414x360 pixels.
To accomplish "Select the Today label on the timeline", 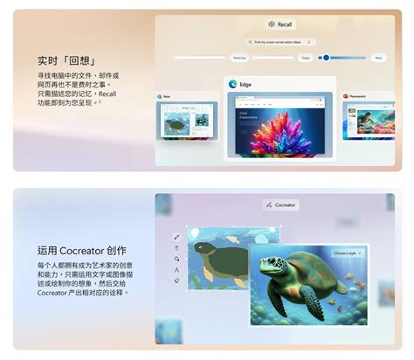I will (x=305, y=58).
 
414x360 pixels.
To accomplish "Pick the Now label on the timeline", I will (x=377, y=58).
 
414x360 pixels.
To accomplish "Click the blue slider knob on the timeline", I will (x=326, y=58).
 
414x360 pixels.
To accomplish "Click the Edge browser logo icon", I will (x=233, y=85).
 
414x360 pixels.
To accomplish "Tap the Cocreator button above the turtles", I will (x=280, y=204).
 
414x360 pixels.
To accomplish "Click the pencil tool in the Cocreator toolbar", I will (x=176, y=236).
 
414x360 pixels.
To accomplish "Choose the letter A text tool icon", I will (x=176, y=247).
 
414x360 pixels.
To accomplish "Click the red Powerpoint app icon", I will (x=346, y=96).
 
